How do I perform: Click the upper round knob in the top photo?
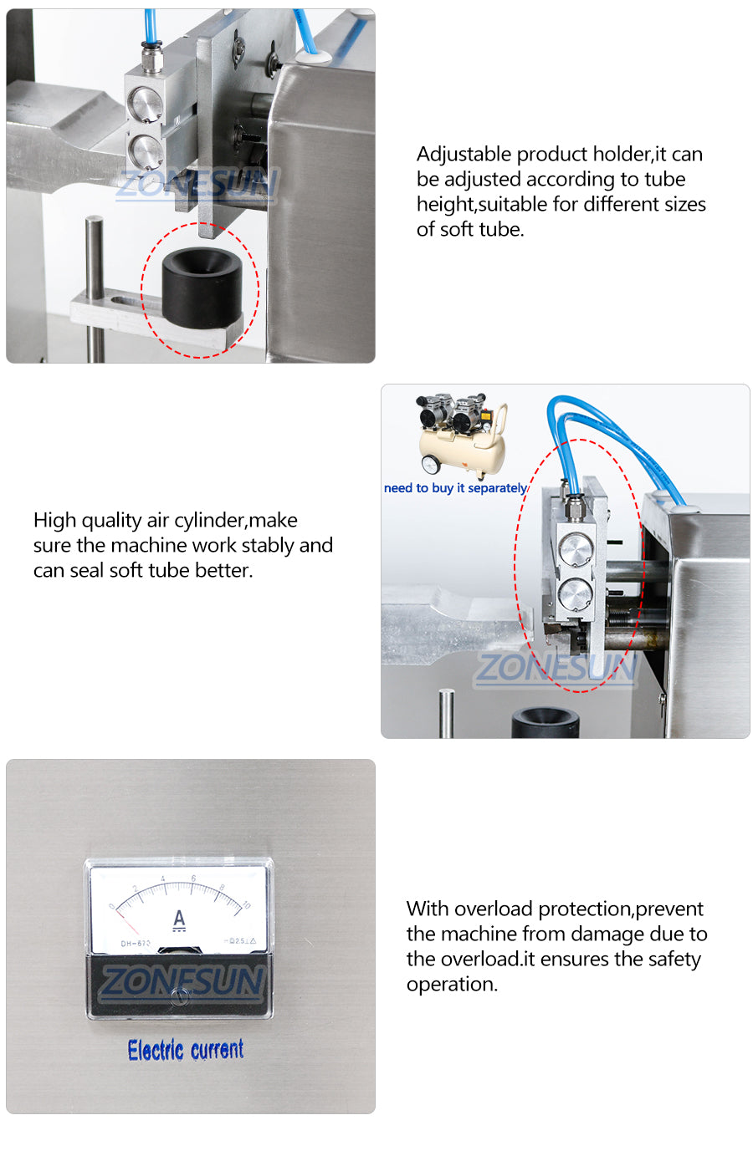146,105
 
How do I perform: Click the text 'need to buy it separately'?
455,488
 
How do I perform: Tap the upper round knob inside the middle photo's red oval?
576,550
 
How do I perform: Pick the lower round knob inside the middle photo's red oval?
576,596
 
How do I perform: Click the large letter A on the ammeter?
179,919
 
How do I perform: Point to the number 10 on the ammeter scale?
246,905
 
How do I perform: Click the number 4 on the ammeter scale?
163,879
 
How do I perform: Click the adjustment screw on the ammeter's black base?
177,995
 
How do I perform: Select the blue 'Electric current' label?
186,1050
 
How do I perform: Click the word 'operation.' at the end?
452,985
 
